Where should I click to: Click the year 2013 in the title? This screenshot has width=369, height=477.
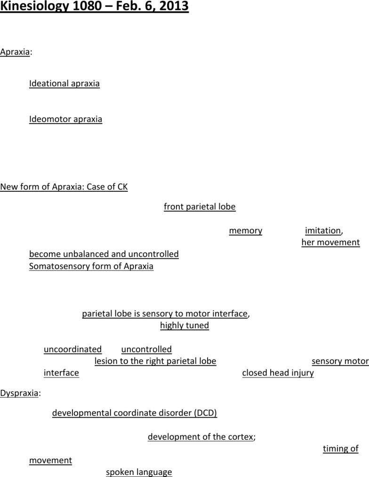[174, 6]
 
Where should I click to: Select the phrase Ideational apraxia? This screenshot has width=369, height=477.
[64, 83]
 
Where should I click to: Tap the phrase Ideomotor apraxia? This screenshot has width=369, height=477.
[65, 119]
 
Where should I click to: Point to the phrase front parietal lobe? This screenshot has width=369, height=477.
[200, 206]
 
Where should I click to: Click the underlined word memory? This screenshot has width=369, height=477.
[246, 230]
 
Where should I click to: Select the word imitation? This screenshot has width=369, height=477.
[323, 230]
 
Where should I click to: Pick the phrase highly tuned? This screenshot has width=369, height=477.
[184, 325]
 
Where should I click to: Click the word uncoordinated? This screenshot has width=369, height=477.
[72, 349]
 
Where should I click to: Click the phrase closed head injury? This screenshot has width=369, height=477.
[278, 373]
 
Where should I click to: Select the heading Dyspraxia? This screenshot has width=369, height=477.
[19, 393]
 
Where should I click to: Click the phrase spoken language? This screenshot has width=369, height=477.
[139, 472]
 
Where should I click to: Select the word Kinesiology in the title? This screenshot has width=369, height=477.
[35, 6]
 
